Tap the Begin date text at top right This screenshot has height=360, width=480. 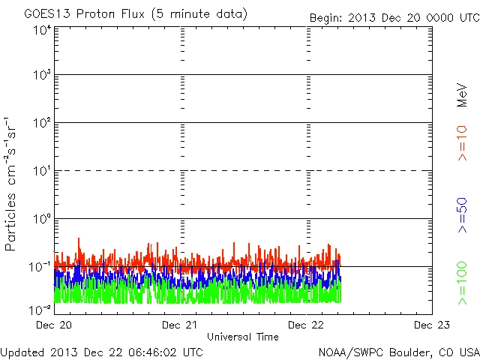[394, 17]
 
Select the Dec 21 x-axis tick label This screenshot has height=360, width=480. [180, 325]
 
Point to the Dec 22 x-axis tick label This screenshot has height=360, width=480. [306, 325]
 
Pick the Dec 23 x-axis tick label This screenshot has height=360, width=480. [431, 325]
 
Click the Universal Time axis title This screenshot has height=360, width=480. [242, 337]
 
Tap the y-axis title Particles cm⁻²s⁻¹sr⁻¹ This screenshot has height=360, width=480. [13, 184]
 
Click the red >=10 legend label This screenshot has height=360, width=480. [462, 142]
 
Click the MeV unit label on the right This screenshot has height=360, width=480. [462, 94]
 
